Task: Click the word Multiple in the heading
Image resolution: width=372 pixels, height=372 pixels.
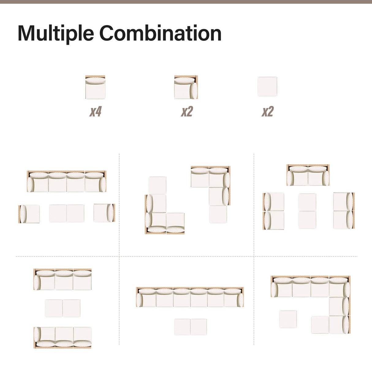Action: point(55,33)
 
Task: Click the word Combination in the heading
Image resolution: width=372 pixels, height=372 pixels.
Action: point(160,33)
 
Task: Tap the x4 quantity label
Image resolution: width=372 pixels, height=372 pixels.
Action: point(95,112)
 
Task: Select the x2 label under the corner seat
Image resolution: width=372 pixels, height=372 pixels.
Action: point(187,112)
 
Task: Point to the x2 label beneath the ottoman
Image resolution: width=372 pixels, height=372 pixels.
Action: point(268,112)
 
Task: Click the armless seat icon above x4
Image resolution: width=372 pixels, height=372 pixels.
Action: point(95,87)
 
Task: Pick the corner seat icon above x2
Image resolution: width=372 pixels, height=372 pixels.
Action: point(186,87)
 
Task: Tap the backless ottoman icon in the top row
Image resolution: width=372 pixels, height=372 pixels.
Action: point(268,87)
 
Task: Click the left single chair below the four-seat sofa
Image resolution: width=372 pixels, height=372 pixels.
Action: point(29,214)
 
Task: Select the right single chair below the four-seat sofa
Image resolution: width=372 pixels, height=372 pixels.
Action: point(104,213)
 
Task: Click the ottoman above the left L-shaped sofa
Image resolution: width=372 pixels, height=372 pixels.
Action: point(158,185)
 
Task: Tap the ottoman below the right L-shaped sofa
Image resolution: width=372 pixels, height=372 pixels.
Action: point(218,214)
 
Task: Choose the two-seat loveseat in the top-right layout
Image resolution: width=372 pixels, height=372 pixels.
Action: point(308,175)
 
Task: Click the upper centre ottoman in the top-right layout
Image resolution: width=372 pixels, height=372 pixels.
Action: point(307,202)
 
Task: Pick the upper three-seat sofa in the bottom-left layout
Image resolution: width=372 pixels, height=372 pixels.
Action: point(63,279)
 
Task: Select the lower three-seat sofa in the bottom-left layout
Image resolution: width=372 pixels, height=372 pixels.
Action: point(63,337)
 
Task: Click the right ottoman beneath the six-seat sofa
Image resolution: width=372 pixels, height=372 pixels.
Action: point(199,327)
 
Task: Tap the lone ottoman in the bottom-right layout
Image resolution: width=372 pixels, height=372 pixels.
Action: point(288,319)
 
